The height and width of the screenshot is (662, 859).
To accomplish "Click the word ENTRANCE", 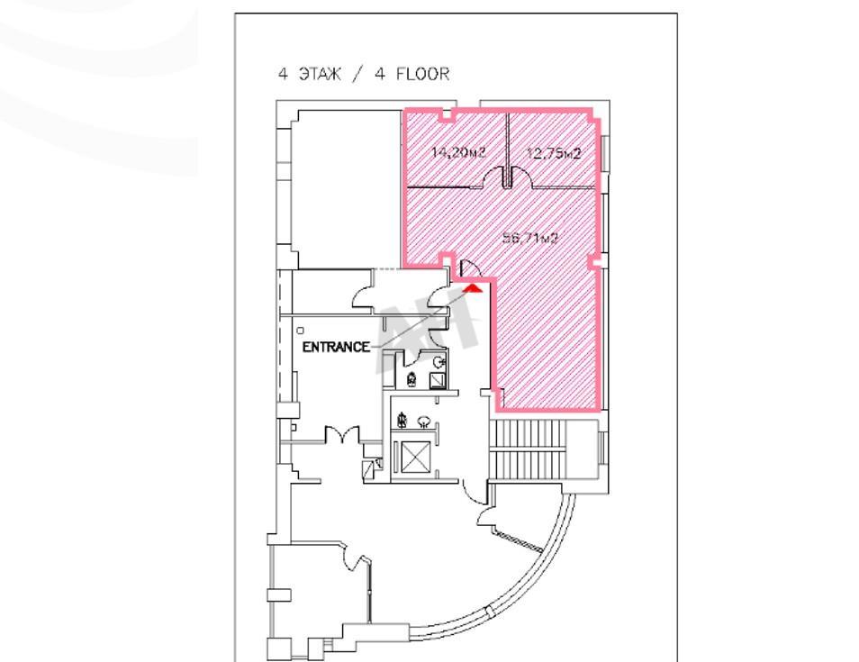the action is point(336,347).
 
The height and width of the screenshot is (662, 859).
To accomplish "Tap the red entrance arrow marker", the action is point(474,287).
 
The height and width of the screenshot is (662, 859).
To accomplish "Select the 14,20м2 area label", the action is point(459,152).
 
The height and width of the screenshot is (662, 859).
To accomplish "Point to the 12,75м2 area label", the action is point(554,153).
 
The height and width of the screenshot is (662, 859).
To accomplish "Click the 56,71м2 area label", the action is point(530,238).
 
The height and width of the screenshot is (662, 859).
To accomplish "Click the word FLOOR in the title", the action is point(422,74).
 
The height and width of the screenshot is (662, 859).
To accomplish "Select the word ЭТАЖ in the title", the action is point(320,74).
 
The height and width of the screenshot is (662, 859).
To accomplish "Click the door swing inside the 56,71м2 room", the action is point(470,268).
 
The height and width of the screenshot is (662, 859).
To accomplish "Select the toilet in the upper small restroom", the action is point(411,378).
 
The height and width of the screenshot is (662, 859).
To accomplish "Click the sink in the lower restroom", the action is point(424,422).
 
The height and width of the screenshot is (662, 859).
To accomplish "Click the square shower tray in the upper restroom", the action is point(438,380).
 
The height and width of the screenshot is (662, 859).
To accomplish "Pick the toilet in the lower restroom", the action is point(402,420).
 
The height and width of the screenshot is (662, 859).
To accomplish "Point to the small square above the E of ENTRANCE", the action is point(300,331).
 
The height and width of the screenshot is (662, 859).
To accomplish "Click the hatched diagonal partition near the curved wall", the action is point(517,540).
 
